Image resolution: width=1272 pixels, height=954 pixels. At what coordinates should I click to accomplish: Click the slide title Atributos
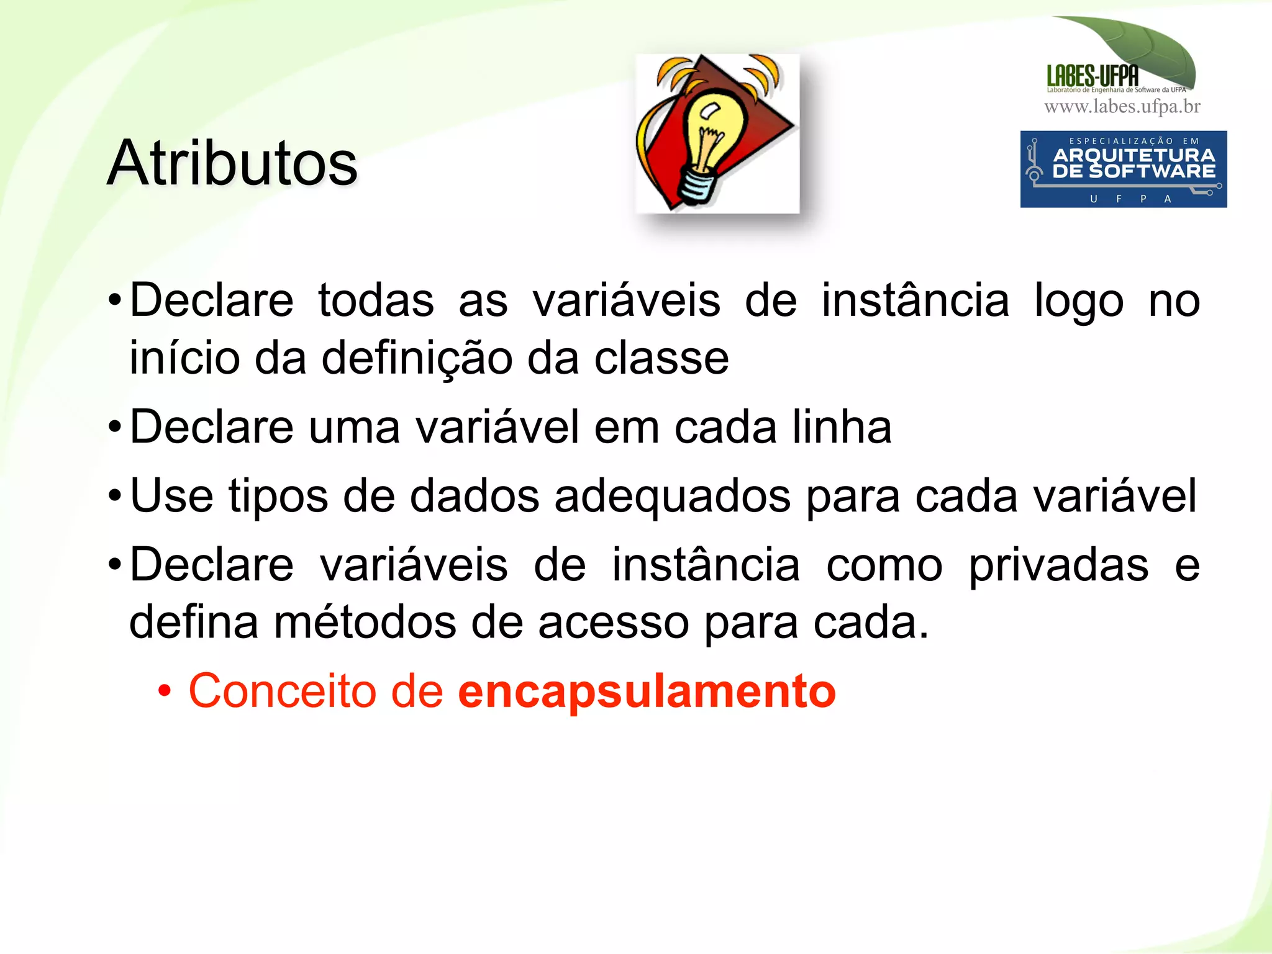[x=232, y=163]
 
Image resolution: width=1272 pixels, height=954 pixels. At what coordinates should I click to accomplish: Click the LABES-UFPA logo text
[x=1092, y=76]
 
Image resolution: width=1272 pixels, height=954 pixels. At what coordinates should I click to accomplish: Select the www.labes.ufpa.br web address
[x=1122, y=107]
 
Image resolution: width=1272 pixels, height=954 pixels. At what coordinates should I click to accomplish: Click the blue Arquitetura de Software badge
[x=1123, y=169]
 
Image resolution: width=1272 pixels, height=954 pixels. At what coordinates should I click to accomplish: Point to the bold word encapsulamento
[x=647, y=691]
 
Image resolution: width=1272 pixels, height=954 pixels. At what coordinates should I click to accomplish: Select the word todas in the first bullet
[x=376, y=301]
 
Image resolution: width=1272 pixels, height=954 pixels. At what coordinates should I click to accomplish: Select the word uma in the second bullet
[x=354, y=428]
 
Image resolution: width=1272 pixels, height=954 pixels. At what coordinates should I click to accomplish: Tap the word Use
[x=171, y=495]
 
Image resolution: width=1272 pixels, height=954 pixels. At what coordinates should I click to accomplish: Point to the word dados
[x=474, y=495]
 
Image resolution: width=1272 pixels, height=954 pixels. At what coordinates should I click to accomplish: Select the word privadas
[x=1058, y=565]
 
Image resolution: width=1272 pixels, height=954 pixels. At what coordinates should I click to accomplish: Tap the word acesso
[x=613, y=623]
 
